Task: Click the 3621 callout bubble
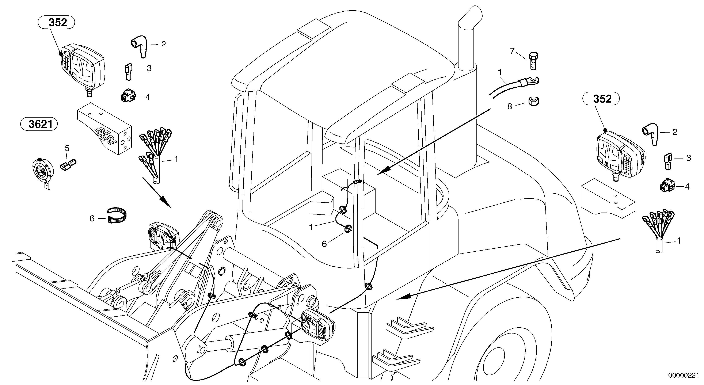tap(39, 125)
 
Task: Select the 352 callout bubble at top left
tap(56, 23)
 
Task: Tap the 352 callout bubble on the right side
tap(601, 99)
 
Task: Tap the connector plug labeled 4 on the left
tap(127, 96)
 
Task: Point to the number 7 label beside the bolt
tap(512, 51)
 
